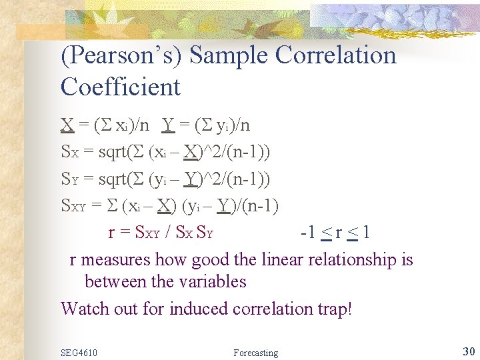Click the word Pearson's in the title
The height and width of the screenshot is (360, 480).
click(x=123, y=55)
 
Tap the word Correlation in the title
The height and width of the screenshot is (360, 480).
click(x=336, y=55)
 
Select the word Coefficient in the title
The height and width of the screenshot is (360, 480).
click(x=121, y=87)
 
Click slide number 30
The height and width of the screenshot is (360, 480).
click(x=468, y=351)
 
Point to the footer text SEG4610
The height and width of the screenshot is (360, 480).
click(x=79, y=352)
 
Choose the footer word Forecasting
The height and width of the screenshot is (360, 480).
click(x=256, y=352)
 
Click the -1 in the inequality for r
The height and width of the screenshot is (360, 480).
click(x=308, y=233)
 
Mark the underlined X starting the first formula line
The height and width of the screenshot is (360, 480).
click(x=67, y=125)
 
